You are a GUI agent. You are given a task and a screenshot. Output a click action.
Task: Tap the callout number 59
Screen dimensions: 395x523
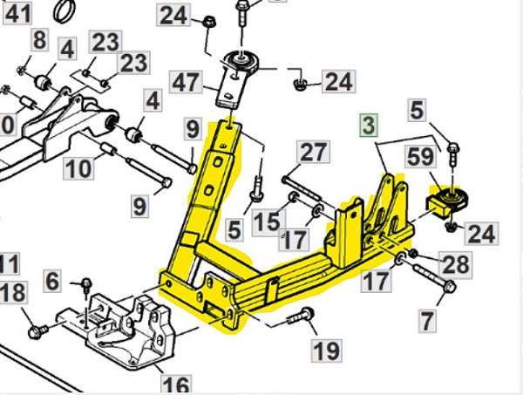pyautogui.click(x=419, y=160)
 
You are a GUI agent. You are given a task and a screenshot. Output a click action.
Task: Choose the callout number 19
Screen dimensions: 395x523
pyautogui.click(x=327, y=351)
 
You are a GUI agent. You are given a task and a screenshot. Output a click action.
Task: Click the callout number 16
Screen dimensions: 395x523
pyautogui.click(x=175, y=384)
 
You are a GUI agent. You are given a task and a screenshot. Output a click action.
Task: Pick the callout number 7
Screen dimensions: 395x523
pyautogui.click(x=426, y=321)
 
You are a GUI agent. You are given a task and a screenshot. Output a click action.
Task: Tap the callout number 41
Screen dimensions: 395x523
pyautogui.click(x=17, y=13)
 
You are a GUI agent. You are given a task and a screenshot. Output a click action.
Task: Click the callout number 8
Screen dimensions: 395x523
pyautogui.click(x=39, y=39)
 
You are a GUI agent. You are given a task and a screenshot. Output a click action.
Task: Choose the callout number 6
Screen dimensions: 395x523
pyautogui.click(x=52, y=281)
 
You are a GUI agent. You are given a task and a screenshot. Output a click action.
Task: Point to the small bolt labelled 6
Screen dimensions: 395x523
pyautogui.click(x=86, y=283)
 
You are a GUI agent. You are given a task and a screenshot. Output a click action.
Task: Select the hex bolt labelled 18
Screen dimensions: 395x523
pyautogui.click(x=34, y=330)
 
